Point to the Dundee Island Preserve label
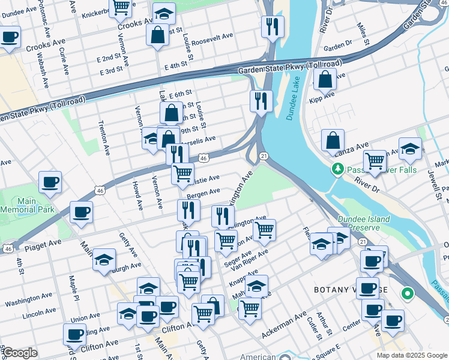[364, 224]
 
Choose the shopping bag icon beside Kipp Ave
[325, 79]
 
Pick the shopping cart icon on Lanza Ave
[375, 161]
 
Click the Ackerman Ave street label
[283, 323]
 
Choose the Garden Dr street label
[337, 47]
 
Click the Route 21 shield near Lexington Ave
[264, 156]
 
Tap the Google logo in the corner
[19, 353]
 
